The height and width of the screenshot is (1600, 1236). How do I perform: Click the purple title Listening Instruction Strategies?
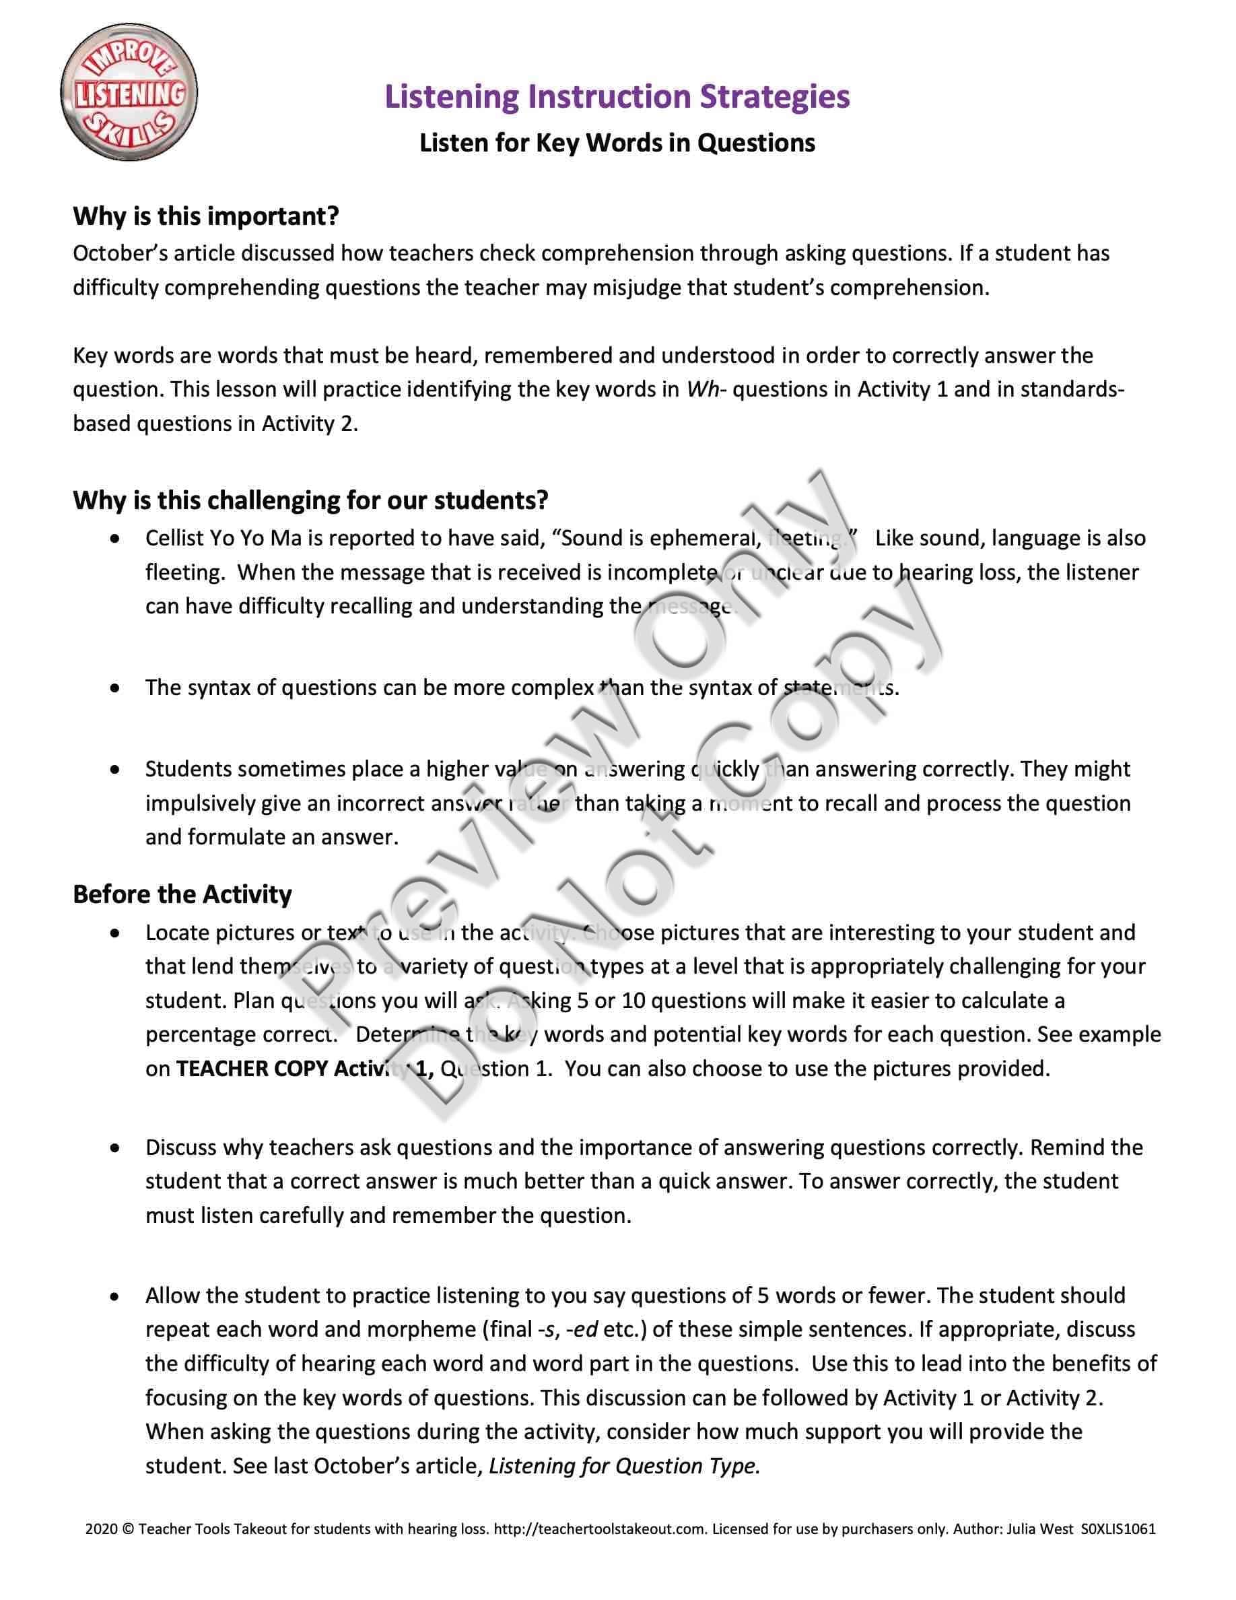(x=617, y=97)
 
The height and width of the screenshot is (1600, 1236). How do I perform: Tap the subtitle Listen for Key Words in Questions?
(x=617, y=143)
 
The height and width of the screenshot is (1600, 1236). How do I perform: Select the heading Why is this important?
(x=206, y=216)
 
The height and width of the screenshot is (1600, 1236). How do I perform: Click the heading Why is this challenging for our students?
(x=310, y=500)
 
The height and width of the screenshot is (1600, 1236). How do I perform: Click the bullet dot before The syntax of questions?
(x=116, y=688)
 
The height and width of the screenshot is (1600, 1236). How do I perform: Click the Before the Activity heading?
(x=182, y=894)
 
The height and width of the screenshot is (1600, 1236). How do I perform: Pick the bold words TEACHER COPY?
(x=252, y=1069)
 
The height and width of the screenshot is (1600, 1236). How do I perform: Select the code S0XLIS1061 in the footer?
(x=1118, y=1529)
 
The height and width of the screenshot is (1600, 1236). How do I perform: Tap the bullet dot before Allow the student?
(x=116, y=1296)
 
